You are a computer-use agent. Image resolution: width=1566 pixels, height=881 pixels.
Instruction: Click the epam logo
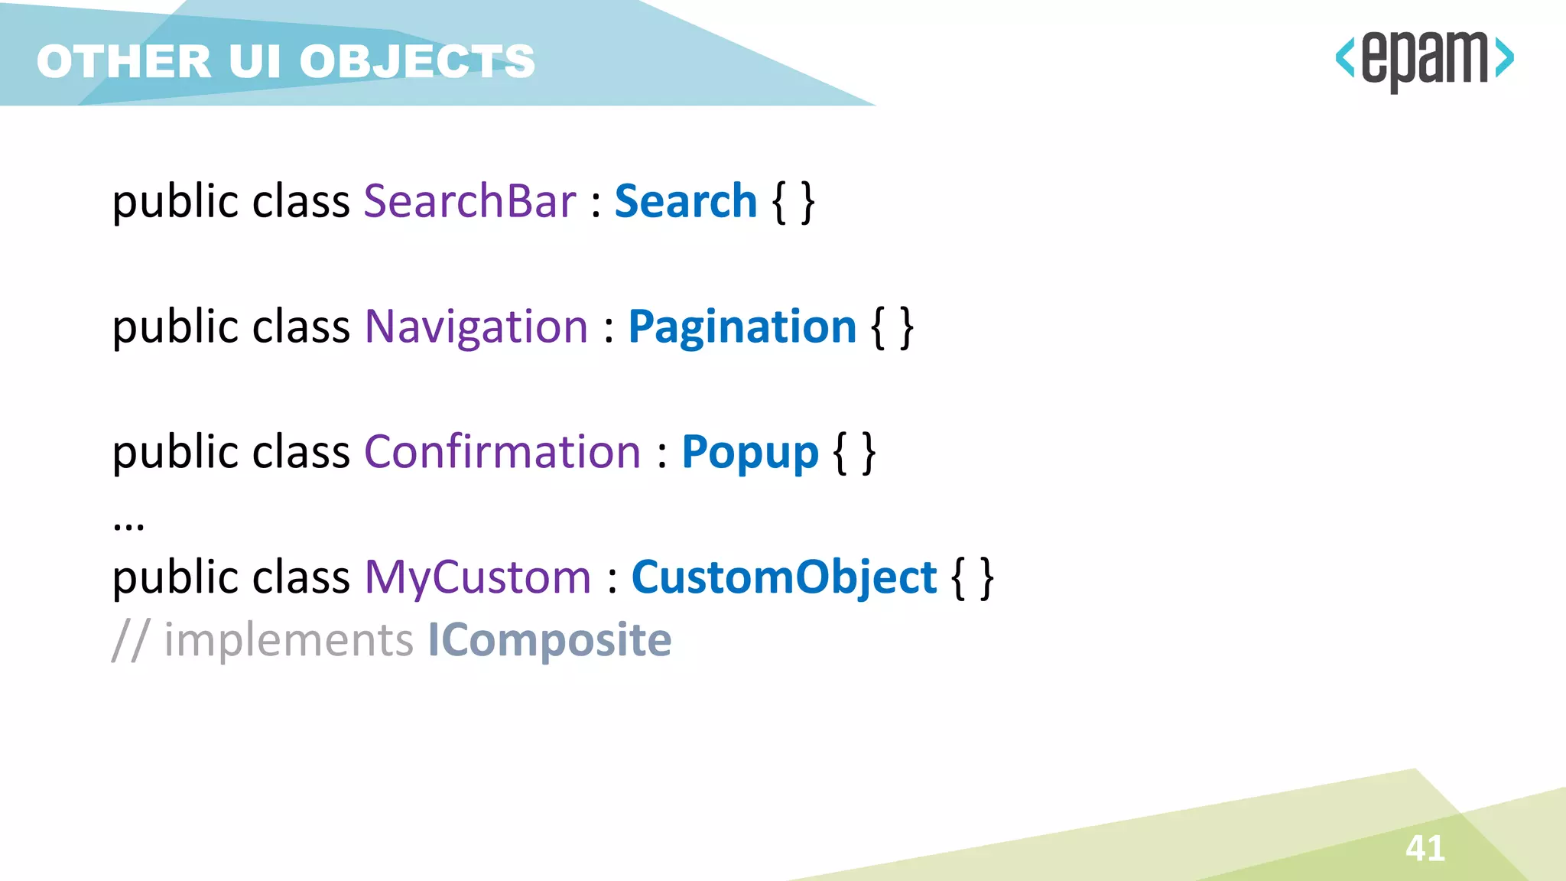tap(1424, 60)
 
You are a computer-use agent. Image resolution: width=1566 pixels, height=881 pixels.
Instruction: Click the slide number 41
tap(1425, 848)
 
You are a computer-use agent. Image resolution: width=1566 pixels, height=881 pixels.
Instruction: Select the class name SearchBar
tap(469, 201)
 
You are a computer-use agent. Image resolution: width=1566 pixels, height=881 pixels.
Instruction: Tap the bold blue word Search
tap(685, 201)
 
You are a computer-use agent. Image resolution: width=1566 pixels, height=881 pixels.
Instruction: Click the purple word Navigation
tap(476, 327)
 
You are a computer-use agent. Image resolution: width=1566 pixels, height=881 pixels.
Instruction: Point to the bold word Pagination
tap(742, 327)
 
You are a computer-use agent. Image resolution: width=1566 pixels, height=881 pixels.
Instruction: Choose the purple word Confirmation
tap(502, 452)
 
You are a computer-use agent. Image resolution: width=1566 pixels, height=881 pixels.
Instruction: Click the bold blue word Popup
tap(749, 452)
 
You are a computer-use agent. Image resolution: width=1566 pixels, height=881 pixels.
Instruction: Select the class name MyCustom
tap(477, 577)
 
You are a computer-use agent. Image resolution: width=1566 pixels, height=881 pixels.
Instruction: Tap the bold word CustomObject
tap(784, 577)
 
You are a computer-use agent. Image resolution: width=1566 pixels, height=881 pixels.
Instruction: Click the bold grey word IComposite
tap(549, 640)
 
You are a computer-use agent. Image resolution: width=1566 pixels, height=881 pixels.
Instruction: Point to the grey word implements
tap(288, 640)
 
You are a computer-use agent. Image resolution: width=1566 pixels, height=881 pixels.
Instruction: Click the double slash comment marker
tap(130, 640)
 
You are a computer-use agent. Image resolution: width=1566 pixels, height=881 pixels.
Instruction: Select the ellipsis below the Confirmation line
tap(128, 525)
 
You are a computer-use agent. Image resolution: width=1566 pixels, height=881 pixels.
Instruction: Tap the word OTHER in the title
tap(124, 61)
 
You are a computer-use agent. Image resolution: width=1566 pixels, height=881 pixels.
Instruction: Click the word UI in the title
tap(255, 61)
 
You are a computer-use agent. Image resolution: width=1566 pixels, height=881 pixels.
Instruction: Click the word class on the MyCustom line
tap(301, 577)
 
